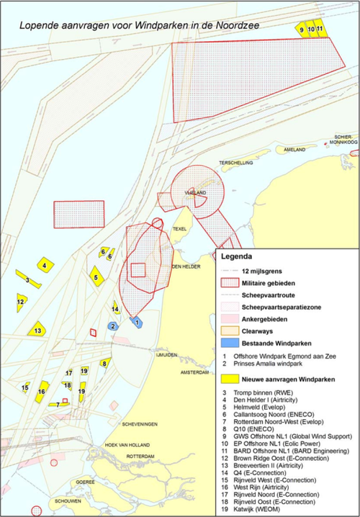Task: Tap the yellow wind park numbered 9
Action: click(301, 30)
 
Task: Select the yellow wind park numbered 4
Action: click(45, 265)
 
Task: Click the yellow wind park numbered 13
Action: click(37, 330)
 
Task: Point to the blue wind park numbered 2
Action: click(112, 326)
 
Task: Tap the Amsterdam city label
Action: click(194, 372)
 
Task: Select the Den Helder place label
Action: click(186, 266)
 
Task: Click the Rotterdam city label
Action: click(140, 457)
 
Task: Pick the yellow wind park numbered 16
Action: click(42, 392)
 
